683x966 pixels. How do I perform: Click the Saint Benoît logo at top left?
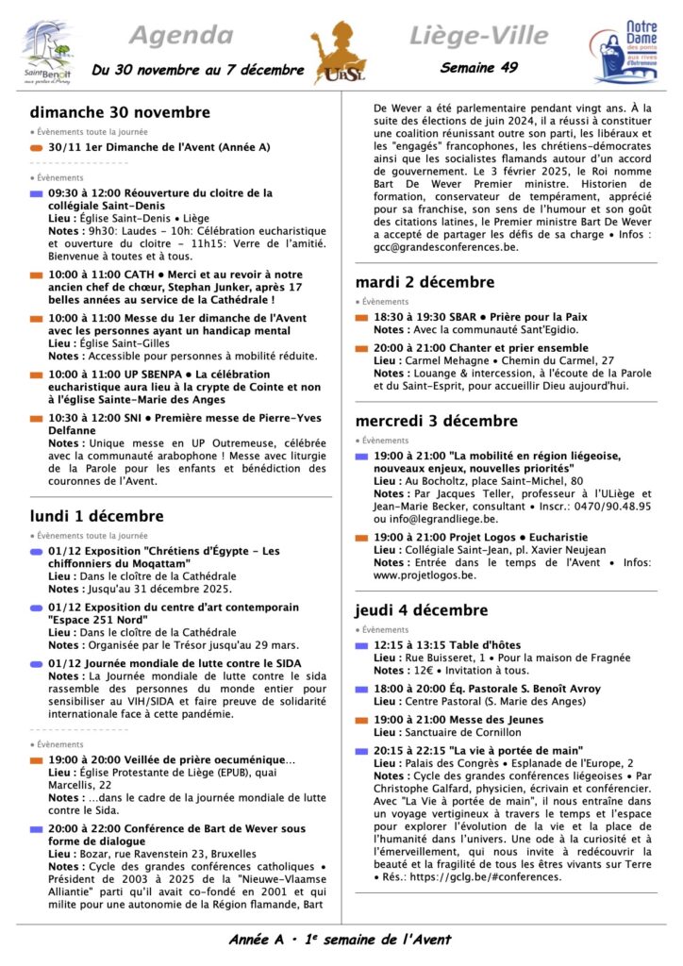point(46,53)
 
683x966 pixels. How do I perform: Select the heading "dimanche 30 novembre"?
point(120,111)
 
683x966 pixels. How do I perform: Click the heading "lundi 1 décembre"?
point(96,516)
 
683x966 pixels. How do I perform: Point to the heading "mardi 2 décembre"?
point(425,282)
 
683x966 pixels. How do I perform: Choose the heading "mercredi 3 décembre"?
point(436,421)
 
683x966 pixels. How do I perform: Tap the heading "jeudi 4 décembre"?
point(422,609)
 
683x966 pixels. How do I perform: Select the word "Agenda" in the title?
point(180,36)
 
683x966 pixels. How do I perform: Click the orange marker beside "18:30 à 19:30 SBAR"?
point(361,319)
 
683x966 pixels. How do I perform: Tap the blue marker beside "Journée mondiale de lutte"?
point(36,664)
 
